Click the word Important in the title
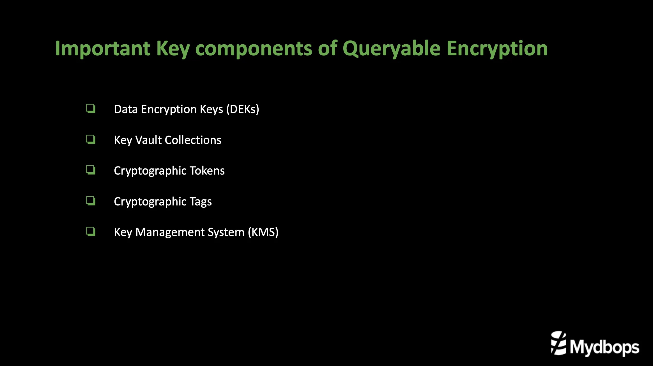click(103, 49)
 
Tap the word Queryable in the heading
click(392, 49)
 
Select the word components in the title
click(254, 49)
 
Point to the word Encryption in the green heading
click(497, 49)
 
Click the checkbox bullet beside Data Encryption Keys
click(91, 109)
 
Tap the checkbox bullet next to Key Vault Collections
click(91, 139)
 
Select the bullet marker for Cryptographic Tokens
click(91, 170)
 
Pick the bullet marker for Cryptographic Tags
click(91, 201)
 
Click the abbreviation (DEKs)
click(243, 109)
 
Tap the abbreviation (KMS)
click(263, 232)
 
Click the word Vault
click(149, 140)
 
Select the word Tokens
click(207, 171)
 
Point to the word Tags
click(201, 202)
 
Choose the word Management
click(190, 232)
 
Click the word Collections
click(193, 140)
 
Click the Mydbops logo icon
click(558, 343)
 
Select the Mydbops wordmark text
click(604, 347)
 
